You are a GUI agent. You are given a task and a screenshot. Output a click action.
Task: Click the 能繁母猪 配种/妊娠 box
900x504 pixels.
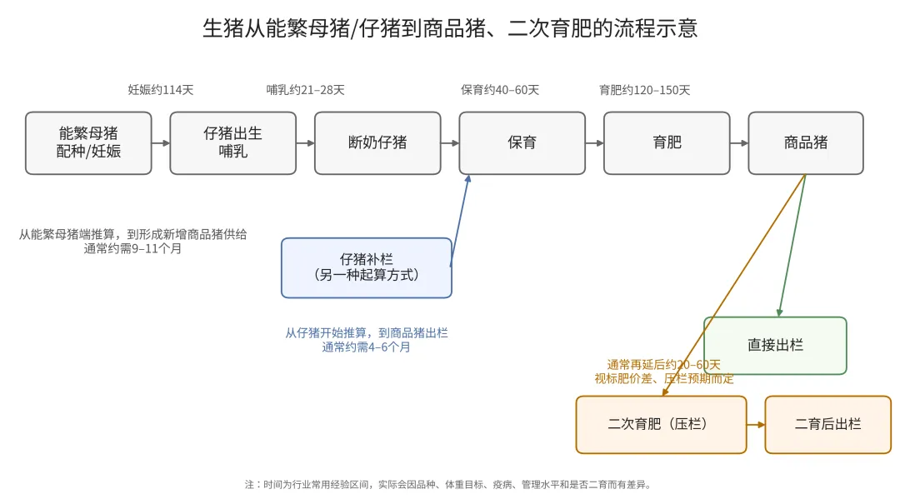click(x=88, y=142)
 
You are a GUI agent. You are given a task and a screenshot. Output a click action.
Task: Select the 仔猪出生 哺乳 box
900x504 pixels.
click(x=232, y=142)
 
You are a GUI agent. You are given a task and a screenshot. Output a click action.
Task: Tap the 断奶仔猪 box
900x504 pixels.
click(x=377, y=142)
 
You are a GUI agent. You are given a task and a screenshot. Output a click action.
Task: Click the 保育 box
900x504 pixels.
click(x=522, y=142)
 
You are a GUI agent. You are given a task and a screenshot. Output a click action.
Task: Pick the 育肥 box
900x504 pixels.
click(x=667, y=142)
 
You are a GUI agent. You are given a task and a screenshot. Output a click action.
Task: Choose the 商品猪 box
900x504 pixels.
click(x=805, y=142)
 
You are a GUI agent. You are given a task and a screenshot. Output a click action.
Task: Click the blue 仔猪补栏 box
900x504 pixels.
click(x=367, y=267)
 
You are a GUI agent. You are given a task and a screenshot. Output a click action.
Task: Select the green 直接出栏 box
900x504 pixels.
click(x=775, y=345)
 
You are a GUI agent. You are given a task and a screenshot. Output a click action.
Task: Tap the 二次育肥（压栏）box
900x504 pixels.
click(x=661, y=424)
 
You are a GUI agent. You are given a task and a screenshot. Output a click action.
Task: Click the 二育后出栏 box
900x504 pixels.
click(x=827, y=424)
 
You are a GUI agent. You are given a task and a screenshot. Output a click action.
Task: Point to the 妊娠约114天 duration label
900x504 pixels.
click(x=161, y=90)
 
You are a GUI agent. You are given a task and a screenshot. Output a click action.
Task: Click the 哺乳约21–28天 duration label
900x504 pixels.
click(x=305, y=90)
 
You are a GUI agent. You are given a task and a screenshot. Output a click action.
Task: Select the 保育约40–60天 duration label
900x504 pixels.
click(x=500, y=90)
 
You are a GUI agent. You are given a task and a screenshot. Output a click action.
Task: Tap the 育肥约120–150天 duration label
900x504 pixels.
click(x=644, y=90)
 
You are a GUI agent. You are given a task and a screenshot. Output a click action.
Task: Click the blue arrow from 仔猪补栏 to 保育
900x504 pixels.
click(x=460, y=221)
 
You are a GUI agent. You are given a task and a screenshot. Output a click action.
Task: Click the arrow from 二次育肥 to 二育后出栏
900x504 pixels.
click(x=756, y=425)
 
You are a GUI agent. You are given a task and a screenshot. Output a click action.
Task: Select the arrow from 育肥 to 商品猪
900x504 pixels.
click(x=739, y=143)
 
